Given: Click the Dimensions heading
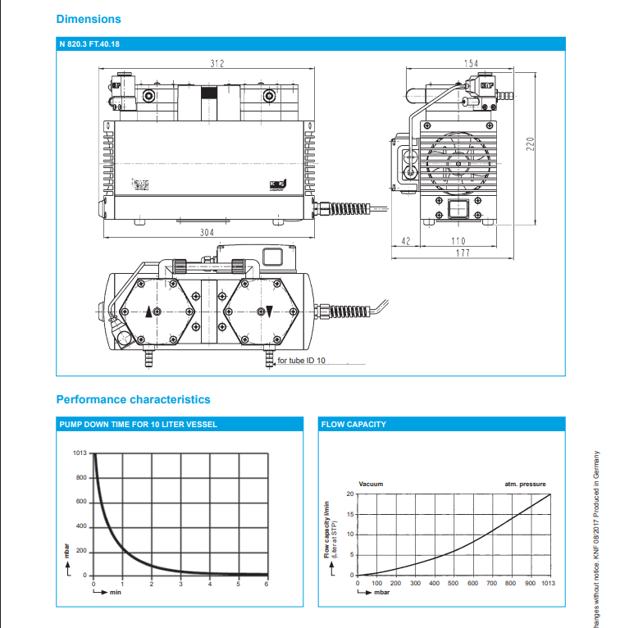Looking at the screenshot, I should (x=89, y=19).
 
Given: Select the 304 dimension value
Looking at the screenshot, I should (x=207, y=232).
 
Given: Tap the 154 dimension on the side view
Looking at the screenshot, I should (x=471, y=63).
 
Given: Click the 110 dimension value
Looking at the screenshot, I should (x=458, y=240).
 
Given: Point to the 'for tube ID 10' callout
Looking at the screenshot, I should (x=302, y=361).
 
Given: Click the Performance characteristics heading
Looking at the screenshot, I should (x=133, y=399).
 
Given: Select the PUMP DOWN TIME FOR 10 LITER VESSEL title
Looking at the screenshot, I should (x=138, y=425).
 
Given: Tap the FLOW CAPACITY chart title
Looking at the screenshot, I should (x=353, y=425).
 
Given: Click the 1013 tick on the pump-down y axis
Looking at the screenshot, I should (x=80, y=453).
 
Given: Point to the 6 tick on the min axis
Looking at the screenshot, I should (x=267, y=584).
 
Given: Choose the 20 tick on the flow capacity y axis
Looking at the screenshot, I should (x=350, y=494).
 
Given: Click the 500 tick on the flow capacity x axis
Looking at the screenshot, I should (x=453, y=584).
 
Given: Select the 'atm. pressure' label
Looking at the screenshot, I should (x=525, y=485).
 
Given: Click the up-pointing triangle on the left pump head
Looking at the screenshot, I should (x=148, y=312).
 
